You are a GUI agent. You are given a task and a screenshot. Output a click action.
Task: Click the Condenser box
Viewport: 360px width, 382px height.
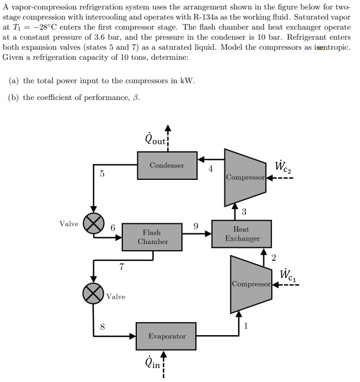(x=167, y=165)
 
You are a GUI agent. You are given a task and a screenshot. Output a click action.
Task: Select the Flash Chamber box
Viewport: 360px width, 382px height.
(x=152, y=237)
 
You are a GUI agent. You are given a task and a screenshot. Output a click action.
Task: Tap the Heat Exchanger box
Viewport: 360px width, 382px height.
(x=242, y=233)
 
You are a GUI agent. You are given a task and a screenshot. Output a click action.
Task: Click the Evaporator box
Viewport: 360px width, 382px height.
(x=167, y=336)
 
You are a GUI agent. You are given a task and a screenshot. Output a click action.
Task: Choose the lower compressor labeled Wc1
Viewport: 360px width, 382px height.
(x=250, y=284)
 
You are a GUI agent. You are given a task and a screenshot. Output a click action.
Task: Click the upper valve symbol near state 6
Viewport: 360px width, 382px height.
(x=93, y=224)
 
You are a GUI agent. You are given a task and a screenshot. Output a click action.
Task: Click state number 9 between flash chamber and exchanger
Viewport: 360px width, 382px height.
(x=195, y=226)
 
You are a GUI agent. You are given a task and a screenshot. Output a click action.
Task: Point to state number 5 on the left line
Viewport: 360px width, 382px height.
(x=102, y=174)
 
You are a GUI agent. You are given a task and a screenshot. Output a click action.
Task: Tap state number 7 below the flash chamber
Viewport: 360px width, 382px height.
(x=121, y=267)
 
